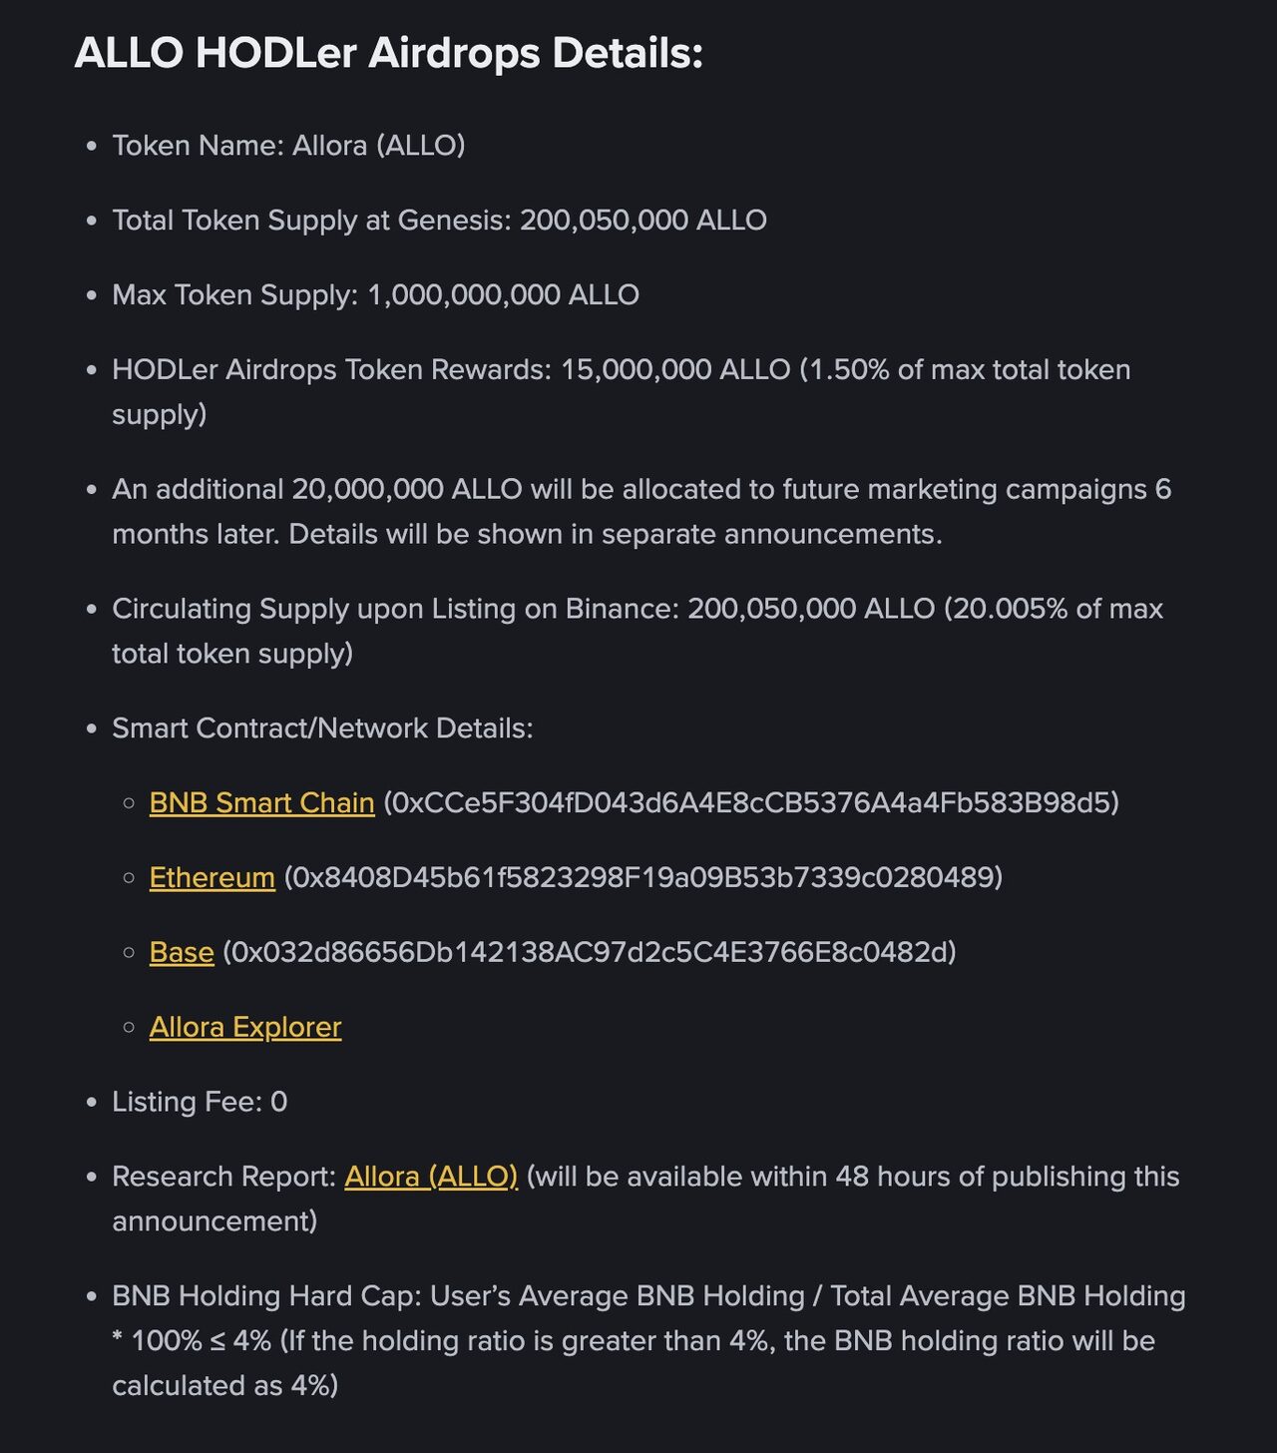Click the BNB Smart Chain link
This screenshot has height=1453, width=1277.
[x=261, y=803]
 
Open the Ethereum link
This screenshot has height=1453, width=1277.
[x=212, y=878]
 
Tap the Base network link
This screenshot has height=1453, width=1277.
[x=182, y=953]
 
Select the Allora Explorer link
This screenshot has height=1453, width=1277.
[x=245, y=1028]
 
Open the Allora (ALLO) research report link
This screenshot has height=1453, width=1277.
[x=431, y=1177]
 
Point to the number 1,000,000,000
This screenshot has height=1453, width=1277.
[x=463, y=295]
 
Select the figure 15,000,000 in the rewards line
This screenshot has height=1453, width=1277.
[x=635, y=370]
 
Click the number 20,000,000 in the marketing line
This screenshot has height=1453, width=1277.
[x=367, y=490]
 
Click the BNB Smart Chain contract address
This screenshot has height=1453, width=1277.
[x=750, y=803]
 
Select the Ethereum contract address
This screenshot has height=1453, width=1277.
[x=643, y=878]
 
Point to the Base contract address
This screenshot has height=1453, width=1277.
[x=589, y=953]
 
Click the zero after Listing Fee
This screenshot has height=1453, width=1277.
[x=279, y=1102]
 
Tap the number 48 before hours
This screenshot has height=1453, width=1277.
[x=852, y=1177]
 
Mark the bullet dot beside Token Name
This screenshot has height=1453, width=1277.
[x=92, y=147]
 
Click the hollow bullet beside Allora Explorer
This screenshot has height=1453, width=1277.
[x=129, y=1027]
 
